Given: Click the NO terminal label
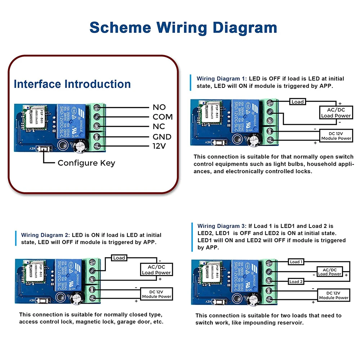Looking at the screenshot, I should coord(159,107).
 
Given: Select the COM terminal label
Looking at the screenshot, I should coord(162,117).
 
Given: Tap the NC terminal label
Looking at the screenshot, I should coord(159,126).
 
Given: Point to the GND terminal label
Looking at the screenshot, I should coord(162,137).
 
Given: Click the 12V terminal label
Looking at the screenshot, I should coord(159,146).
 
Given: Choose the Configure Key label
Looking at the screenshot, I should coord(86,163).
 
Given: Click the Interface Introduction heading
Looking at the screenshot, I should coord(72,84).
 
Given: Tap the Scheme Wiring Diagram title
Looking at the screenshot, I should coord(183,28).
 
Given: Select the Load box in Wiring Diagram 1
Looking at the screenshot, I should coord(297,102).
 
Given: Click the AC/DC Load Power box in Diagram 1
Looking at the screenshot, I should coord(336,112).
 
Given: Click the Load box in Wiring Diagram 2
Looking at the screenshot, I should coord(119,258).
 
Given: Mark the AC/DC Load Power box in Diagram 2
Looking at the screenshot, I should coord(156,269).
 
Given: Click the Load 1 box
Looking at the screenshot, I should coord(296,262).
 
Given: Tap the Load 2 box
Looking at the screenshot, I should coord(296,282).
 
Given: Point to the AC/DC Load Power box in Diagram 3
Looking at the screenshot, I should coord(329,272).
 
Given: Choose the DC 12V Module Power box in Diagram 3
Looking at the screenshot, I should coord(334,295).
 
